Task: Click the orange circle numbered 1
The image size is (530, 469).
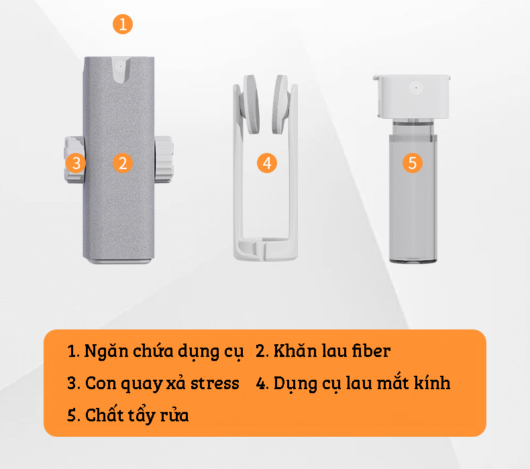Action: pyautogui.click(x=123, y=24)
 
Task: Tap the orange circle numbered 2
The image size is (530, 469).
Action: pyautogui.click(x=123, y=163)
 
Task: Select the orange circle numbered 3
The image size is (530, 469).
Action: pyautogui.click(x=76, y=163)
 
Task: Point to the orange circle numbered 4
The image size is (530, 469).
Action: pyautogui.click(x=267, y=163)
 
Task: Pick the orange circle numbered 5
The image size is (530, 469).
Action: pyautogui.click(x=413, y=163)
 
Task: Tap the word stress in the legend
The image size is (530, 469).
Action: pyautogui.click(x=215, y=384)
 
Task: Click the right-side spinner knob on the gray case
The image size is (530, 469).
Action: pyautogui.click(x=164, y=159)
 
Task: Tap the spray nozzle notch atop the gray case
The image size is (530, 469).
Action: pyautogui.click(x=121, y=70)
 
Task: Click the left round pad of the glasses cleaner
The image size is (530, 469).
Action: pyautogui.click(x=250, y=104)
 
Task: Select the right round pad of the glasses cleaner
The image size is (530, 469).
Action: pyautogui.click(x=281, y=104)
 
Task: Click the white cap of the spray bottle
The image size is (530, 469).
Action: pyautogui.click(x=413, y=97)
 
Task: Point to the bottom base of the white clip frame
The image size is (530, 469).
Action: pyautogui.click(x=266, y=249)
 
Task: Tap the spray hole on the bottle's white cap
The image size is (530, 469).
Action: pyautogui.click(x=416, y=88)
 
